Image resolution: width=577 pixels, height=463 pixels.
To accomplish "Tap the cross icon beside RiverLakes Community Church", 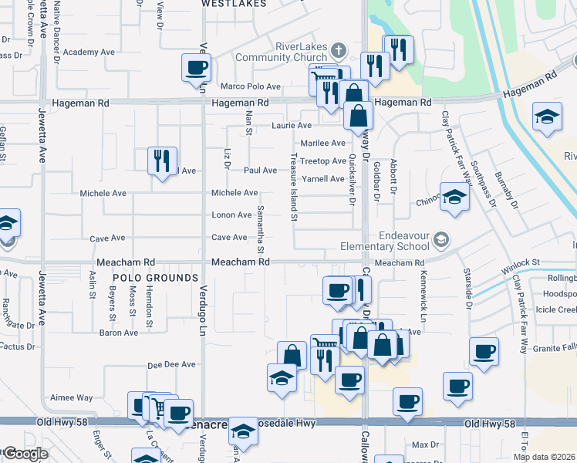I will (x=338, y=52).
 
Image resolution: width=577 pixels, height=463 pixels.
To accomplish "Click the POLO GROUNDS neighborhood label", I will (x=156, y=277).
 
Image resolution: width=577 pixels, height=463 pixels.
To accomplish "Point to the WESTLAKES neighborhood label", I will (x=228, y=4).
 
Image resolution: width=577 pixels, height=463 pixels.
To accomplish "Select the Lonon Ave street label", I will (x=231, y=215).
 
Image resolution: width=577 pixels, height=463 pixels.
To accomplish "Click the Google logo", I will (x=25, y=454).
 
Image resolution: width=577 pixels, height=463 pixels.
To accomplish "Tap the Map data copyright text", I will (x=544, y=457).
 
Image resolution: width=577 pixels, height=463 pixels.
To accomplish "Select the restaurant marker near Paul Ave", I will (x=162, y=161).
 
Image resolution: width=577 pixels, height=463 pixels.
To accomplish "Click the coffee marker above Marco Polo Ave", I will (x=196, y=67).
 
